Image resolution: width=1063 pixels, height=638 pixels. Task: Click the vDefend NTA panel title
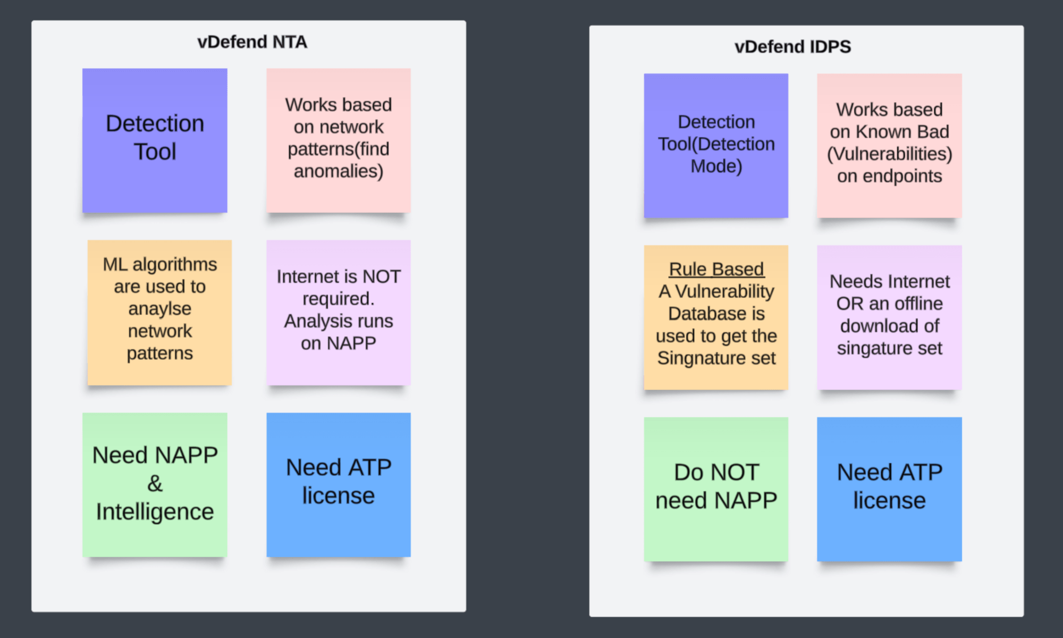(252, 42)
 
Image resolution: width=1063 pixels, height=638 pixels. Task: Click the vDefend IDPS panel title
(792, 47)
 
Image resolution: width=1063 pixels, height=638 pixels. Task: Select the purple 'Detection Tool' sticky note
(155, 140)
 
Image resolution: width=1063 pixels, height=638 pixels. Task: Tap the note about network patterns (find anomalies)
(339, 140)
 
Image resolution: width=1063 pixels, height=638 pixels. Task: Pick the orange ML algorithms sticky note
(159, 313)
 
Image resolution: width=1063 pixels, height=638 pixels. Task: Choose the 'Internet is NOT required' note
(339, 313)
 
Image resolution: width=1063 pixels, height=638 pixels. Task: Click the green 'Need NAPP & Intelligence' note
(155, 485)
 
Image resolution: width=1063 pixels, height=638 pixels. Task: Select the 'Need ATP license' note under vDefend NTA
(339, 485)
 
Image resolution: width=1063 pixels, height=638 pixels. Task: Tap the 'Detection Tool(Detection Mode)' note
(716, 145)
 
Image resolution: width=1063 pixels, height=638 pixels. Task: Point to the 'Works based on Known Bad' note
(889, 145)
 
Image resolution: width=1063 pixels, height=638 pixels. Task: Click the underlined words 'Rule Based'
(716, 269)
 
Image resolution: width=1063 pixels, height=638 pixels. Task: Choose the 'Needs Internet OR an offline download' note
(889, 317)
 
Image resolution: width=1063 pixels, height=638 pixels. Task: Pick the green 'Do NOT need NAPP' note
(716, 489)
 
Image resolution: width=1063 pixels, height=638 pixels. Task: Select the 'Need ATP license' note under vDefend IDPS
(889, 489)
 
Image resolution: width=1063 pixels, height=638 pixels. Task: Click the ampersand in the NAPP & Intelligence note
(155, 484)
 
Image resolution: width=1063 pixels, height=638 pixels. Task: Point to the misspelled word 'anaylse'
(159, 308)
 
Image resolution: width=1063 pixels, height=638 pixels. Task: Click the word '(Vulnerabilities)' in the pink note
(889, 154)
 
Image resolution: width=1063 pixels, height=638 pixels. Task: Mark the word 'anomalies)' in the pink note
(339, 171)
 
